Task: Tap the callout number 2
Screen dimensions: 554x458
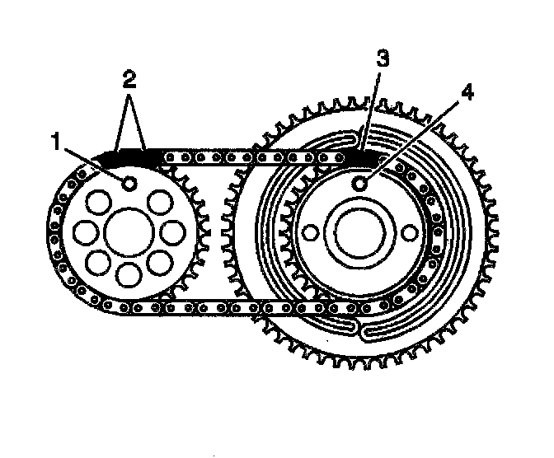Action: coord(127,79)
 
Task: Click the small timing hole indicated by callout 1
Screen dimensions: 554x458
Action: coord(128,183)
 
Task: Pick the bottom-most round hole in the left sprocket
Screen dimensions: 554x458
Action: coord(126,274)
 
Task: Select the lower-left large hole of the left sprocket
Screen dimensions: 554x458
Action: coord(96,263)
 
